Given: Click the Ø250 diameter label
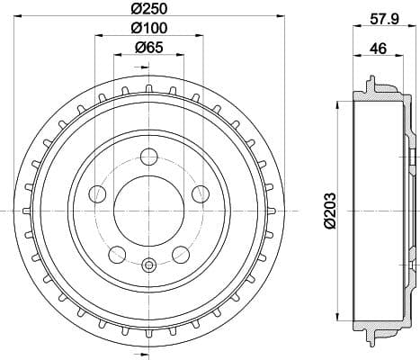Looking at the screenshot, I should pyautogui.click(x=149, y=8).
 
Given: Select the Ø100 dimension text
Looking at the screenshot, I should pyautogui.click(x=149, y=28).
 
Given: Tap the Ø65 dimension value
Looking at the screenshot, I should pyautogui.click(x=149, y=47).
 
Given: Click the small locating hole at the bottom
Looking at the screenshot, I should pyautogui.click(x=149, y=264).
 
